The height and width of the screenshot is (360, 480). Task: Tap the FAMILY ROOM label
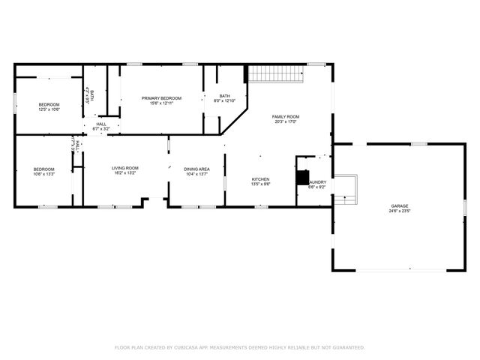coord(285,117)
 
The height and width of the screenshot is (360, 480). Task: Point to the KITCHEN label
coord(260,179)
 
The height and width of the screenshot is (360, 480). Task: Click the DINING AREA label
coord(196,169)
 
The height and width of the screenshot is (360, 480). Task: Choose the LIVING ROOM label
coord(125,168)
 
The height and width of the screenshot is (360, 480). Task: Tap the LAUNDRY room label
coord(316,182)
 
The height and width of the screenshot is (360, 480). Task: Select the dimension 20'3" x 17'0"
coord(285,122)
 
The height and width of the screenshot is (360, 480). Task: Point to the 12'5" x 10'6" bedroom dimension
coord(49,109)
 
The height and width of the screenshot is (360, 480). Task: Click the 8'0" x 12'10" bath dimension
coord(225,101)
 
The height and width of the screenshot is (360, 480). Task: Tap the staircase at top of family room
coord(275,74)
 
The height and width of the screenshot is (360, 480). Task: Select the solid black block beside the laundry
coord(301,178)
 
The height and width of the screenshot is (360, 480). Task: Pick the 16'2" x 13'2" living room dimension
coord(125,173)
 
